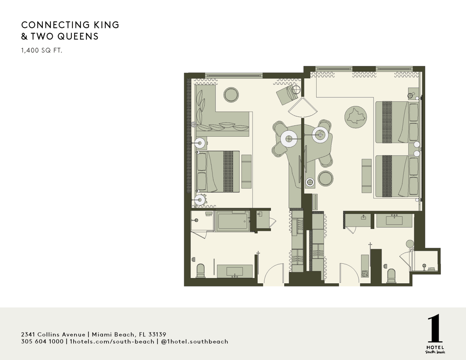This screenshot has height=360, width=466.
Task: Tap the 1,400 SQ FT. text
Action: [x=42, y=50]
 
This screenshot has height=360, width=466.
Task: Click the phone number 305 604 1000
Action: [x=42, y=341]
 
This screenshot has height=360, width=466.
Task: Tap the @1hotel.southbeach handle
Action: [x=194, y=341]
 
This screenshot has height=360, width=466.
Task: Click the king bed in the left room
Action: [x=218, y=171]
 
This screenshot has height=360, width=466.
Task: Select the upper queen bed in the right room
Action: [x=397, y=122]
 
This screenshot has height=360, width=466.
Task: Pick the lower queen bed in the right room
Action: [x=397, y=176]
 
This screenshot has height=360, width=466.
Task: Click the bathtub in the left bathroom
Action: [x=232, y=221]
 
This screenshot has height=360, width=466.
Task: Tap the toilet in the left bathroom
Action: [x=200, y=271]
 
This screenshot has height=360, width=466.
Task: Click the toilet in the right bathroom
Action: [x=391, y=276]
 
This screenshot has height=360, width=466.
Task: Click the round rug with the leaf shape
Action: [x=356, y=117]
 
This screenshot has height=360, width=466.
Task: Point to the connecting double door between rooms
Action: [x=303, y=108]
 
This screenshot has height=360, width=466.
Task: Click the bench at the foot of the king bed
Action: [x=247, y=171]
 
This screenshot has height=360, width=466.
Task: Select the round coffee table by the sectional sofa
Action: [x=231, y=95]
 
